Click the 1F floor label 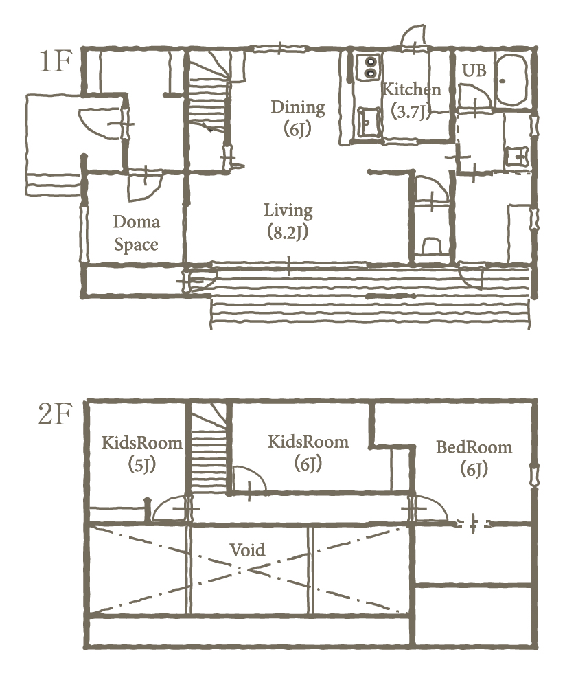click(x=55, y=61)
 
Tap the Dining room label click(x=298, y=118)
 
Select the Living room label click(x=288, y=221)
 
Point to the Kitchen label click(x=411, y=100)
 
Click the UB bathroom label click(x=474, y=70)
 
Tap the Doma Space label click(x=136, y=233)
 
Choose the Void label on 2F click(x=248, y=550)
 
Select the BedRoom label click(x=474, y=457)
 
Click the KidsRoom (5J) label click(x=142, y=453)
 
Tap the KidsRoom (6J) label click(x=308, y=453)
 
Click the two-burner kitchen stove click(x=369, y=67)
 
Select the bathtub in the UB click(x=511, y=80)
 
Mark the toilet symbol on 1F click(x=431, y=245)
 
